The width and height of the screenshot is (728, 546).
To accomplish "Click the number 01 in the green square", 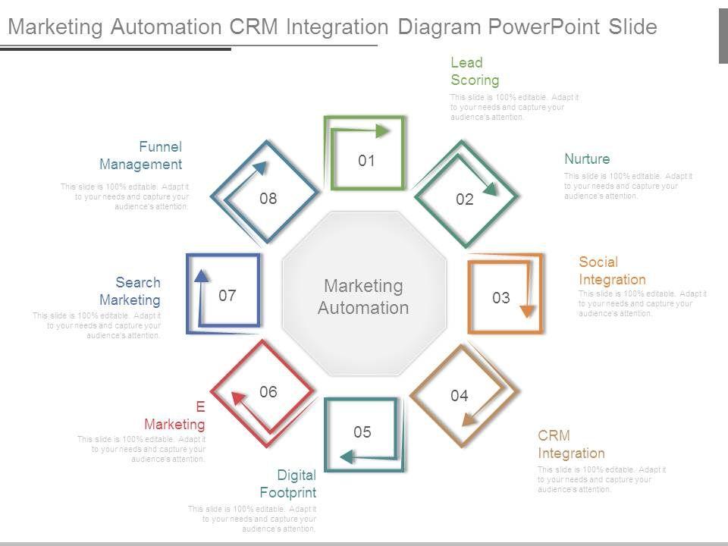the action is point(367,161).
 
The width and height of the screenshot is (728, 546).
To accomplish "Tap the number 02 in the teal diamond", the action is point(465,199).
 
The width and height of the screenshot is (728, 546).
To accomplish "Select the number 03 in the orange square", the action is point(501,298).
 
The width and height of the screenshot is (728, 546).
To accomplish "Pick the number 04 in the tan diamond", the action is point(460,395).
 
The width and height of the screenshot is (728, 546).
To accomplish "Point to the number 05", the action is point(362,432).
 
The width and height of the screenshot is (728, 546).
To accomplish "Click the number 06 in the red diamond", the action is point(268,392).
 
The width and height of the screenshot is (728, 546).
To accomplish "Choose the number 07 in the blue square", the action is point(227,296).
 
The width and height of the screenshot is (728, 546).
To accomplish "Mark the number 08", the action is point(268,199).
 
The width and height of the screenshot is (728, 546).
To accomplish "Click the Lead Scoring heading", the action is point(475,71).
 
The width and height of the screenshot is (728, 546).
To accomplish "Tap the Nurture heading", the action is point(587,159).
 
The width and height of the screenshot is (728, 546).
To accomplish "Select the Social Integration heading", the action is point(612,271).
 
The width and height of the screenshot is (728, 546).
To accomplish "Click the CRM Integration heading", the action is point(571,444).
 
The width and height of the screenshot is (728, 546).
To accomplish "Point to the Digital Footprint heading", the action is point(287,485).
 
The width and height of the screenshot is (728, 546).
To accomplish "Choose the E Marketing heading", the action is point(175,416).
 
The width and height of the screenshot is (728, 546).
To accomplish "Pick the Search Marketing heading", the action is point(130,291).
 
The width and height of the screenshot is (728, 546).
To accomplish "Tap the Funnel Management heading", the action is point(141,155).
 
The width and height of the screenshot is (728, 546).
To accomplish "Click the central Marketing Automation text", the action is point(363,297).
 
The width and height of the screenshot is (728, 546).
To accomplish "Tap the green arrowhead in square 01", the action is point(384,131).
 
